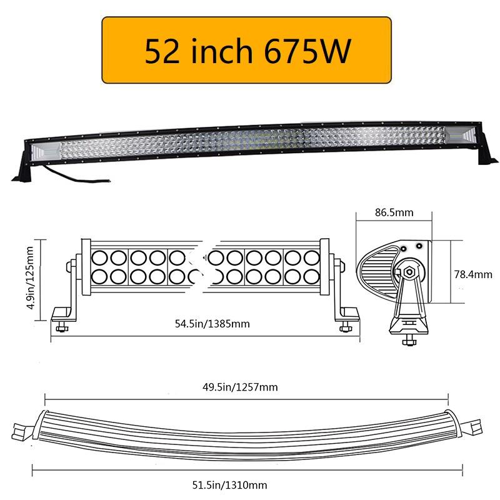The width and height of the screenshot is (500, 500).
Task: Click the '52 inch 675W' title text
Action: (x=247, y=51)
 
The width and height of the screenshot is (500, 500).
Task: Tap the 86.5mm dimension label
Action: (x=394, y=212)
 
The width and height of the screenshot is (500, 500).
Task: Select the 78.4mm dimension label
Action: (x=473, y=274)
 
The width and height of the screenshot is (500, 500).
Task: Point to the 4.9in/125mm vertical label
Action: (x=30, y=277)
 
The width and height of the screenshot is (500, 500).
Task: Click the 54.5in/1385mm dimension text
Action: (x=212, y=324)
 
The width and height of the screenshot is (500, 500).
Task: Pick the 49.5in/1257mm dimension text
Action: (x=240, y=387)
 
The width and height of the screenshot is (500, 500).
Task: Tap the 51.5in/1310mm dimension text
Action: (x=229, y=486)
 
